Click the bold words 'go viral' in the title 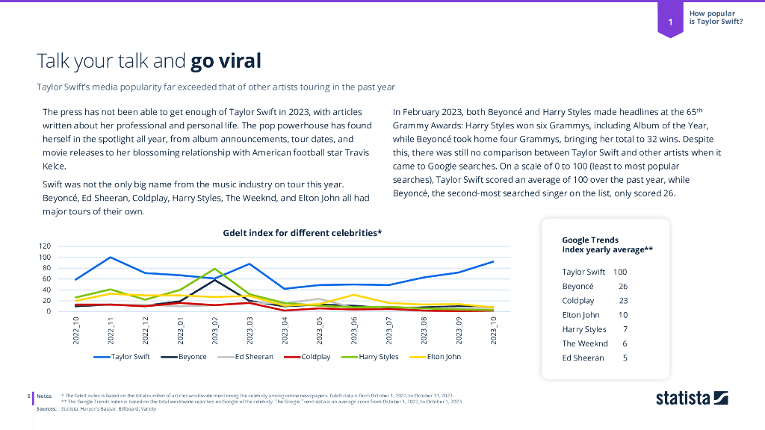click(226, 60)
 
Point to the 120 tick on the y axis click(45, 246)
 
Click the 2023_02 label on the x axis click(215, 331)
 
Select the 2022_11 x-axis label click(111, 331)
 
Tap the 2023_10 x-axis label click(493, 331)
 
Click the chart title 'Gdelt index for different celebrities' click(302, 233)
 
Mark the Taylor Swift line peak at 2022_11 click(111, 258)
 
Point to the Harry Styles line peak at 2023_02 click(215, 269)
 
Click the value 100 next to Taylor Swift click(620, 272)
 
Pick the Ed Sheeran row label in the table click(583, 358)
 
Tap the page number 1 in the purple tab click(671, 22)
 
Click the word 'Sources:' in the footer click(46, 409)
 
